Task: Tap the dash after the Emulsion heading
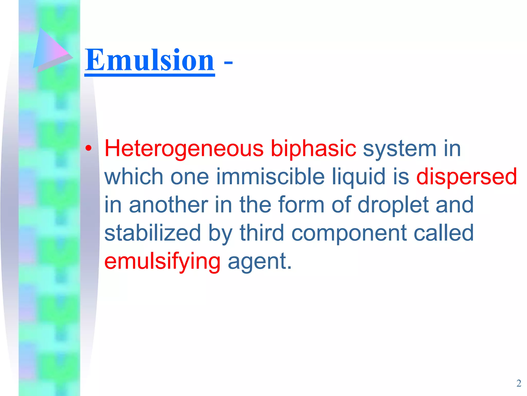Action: point(228,62)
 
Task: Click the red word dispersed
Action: point(467,177)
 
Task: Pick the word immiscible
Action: point(270,177)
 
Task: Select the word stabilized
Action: point(153,233)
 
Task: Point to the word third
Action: point(262,233)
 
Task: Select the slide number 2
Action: point(519,383)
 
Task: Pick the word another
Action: point(169,205)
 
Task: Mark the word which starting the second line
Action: point(134,177)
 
